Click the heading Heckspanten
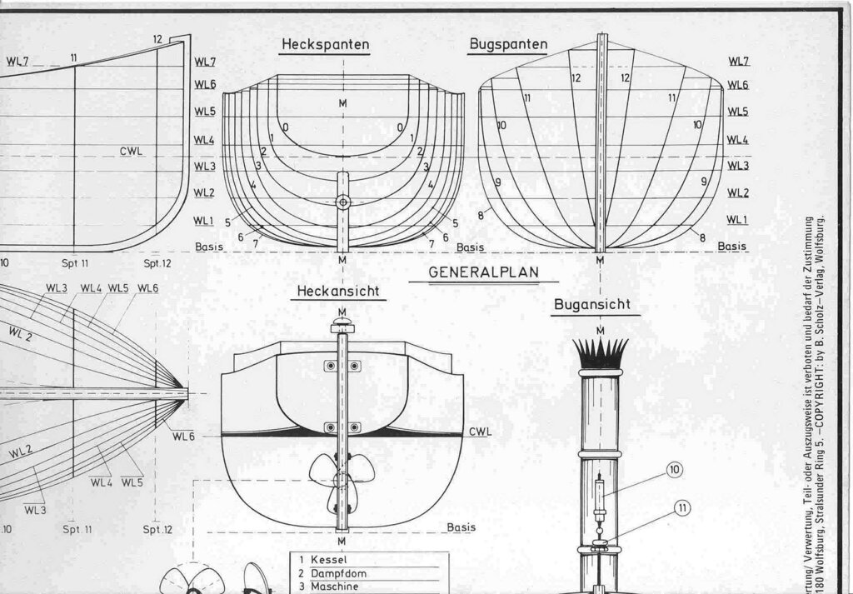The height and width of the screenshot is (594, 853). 325,43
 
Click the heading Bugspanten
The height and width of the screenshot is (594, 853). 508,43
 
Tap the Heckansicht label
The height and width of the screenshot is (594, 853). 339,292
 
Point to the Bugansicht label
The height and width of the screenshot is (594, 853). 596,306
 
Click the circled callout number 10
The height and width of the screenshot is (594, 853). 675,471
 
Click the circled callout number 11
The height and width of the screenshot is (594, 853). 682,507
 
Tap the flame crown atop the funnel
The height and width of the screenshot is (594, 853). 600,353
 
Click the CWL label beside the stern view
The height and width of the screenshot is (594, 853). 481,432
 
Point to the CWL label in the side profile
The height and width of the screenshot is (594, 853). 131,152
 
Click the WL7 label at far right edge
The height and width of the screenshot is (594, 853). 738,61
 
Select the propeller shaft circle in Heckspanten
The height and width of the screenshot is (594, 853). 343,202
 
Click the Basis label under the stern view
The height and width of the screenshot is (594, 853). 461,527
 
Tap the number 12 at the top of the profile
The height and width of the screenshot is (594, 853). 157,39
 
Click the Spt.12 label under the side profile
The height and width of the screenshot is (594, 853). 157,262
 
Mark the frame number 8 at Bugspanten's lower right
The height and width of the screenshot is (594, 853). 702,237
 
